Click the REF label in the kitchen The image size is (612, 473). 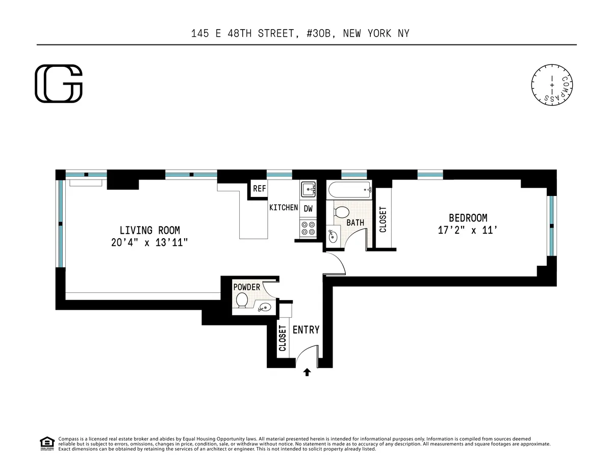(259, 189)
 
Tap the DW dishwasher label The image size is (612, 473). (308, 208)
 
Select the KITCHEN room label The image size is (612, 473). (284, 207)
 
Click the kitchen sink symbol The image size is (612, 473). (308, 190)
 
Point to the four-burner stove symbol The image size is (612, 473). (308, 228)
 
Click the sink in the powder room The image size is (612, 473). (264, 307)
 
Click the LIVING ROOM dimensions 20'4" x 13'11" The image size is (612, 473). (149, 243)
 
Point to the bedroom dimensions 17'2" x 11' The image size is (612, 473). (468, 230)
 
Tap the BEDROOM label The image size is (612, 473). (468, 218)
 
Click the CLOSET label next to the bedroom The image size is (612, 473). (383, 219)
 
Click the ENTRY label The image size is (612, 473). (306, 330)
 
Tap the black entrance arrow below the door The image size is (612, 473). (307, 372)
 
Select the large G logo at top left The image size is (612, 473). (59, 84)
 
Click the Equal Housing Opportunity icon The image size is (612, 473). (47, 443)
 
